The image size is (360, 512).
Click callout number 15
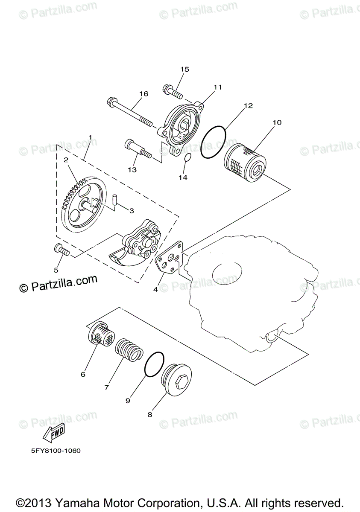(x=184, y=69)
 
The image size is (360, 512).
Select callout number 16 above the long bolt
(x=143, y=94)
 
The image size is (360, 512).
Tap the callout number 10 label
(x=277, y=122)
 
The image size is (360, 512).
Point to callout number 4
(x=155, y=289)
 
